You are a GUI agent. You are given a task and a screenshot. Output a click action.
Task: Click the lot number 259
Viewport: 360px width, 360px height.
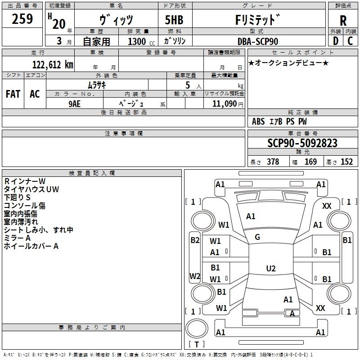[x=22, y=19]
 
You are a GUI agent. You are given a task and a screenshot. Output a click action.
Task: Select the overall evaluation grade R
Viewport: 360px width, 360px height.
[x=343, y=20]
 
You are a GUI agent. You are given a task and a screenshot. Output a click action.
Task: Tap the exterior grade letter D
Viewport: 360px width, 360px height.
[x=335, y=40]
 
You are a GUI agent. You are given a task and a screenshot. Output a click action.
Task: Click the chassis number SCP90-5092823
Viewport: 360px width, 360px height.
[x=302, y=143]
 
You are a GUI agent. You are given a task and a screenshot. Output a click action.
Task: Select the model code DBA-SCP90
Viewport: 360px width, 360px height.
[x=258, y=41]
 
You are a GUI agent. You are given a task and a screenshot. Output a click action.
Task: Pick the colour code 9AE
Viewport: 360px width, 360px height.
[x=75, y=103]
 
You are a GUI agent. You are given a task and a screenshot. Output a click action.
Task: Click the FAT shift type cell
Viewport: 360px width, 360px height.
[x=13, y=94]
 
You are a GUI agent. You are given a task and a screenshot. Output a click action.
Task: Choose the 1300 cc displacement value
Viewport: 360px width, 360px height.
[x=137, y=41]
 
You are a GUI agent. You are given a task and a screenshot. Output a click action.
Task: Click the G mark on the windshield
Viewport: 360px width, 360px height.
[x=257, y=237]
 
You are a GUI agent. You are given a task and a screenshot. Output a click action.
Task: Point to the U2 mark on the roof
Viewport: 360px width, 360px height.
[x=270, y=268]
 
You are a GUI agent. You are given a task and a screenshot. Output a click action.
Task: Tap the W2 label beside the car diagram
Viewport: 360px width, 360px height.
[x=195, y=276]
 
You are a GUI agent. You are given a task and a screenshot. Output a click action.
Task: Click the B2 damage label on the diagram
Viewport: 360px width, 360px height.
[x=195, y=240]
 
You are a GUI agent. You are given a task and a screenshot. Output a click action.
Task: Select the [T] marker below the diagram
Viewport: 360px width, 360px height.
[x=196, y=345]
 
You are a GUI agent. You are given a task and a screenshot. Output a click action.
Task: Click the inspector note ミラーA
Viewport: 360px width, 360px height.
[x=17, y=238]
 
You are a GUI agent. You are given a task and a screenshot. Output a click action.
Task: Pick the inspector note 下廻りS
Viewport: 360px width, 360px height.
[x=17, y=198]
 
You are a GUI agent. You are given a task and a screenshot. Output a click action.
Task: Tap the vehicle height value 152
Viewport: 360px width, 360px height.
[x=346, y=162]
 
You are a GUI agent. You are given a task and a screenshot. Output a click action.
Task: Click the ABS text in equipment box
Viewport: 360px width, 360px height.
[x=258, y=121]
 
